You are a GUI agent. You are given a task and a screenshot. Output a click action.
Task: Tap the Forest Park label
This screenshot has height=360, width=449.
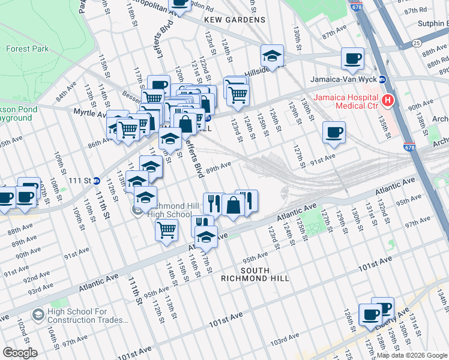tap(27, 49)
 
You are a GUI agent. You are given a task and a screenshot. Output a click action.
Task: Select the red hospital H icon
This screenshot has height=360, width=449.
tap(388, 101)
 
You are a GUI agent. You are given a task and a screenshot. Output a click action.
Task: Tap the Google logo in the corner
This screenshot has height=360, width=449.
tap(20, 352)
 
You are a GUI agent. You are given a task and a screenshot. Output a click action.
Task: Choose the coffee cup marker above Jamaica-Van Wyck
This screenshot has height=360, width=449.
tap(352, 59)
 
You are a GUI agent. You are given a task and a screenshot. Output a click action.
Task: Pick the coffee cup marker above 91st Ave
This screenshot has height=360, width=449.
tap(334, 133)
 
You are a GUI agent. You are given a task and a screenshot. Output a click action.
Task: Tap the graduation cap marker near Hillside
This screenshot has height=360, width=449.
tap(272, 56)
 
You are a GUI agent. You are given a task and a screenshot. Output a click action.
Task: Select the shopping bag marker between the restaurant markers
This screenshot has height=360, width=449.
tap(232, 205)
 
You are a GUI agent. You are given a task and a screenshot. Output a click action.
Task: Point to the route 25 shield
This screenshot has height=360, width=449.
tap(415, 43)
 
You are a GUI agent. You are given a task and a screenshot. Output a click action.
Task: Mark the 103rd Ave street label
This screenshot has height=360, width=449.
tap(284, 341)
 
